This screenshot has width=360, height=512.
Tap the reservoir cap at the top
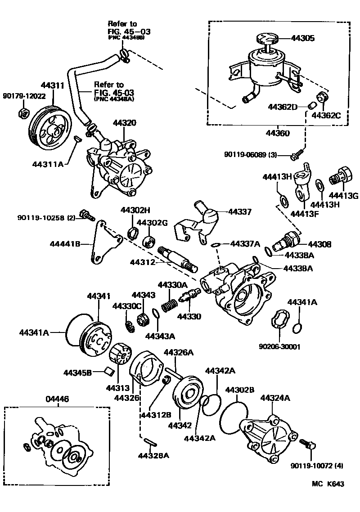268,39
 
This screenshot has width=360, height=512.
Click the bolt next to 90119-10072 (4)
308,445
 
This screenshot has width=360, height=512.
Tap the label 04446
57,399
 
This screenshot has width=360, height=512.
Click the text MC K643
328,484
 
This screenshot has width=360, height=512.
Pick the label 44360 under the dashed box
277,133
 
